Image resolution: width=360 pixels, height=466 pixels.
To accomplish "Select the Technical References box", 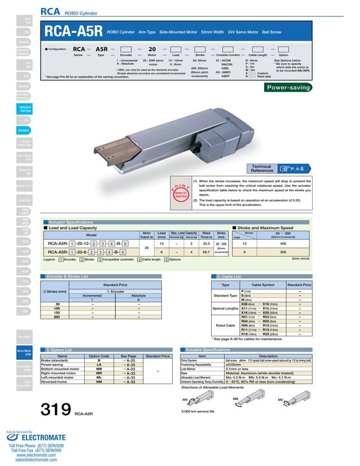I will [278, 168].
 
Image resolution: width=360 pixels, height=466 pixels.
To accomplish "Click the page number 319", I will [55, 410].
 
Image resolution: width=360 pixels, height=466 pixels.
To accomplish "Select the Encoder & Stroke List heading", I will [69, 276].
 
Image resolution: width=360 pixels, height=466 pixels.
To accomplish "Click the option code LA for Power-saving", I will [99, 364].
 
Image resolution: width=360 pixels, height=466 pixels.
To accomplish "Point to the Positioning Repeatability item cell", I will [201, 364].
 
